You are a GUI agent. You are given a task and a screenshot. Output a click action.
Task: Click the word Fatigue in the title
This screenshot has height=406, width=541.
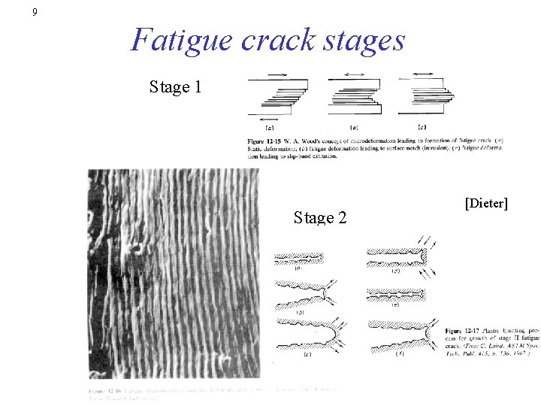coord(181,40)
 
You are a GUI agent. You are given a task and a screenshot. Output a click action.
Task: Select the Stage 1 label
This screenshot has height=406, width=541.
coord(175,87)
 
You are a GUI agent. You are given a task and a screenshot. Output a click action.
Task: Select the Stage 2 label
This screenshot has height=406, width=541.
coord(320,218)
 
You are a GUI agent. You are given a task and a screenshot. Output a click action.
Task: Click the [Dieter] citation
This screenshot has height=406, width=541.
coord(486,203)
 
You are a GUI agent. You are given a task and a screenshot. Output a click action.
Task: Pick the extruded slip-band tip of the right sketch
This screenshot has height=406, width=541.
coord(452,95)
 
